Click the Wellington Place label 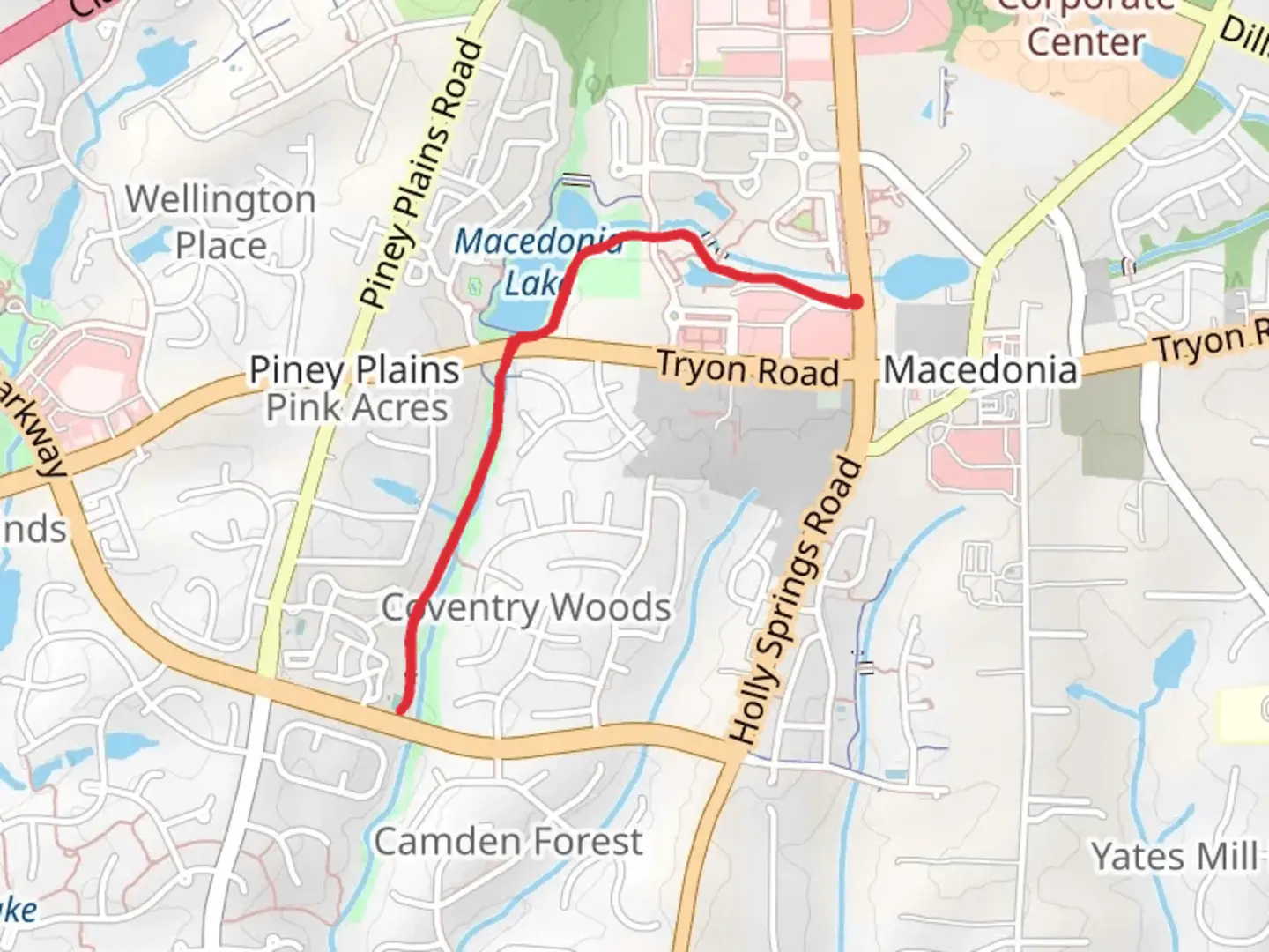[220, 222]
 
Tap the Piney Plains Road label [424, 175]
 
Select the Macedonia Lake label [538, 262]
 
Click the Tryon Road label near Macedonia [747, 369]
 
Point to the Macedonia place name [980, 369]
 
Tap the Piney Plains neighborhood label [354, 370]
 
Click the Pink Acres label [357, 408]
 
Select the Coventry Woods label [526, 607]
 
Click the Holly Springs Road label [795, 600]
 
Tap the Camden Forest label [508, 841]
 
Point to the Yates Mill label [1175, 856]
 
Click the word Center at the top [1085, 41]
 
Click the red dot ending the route [854, 302]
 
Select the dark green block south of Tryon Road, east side [1102, 423]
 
